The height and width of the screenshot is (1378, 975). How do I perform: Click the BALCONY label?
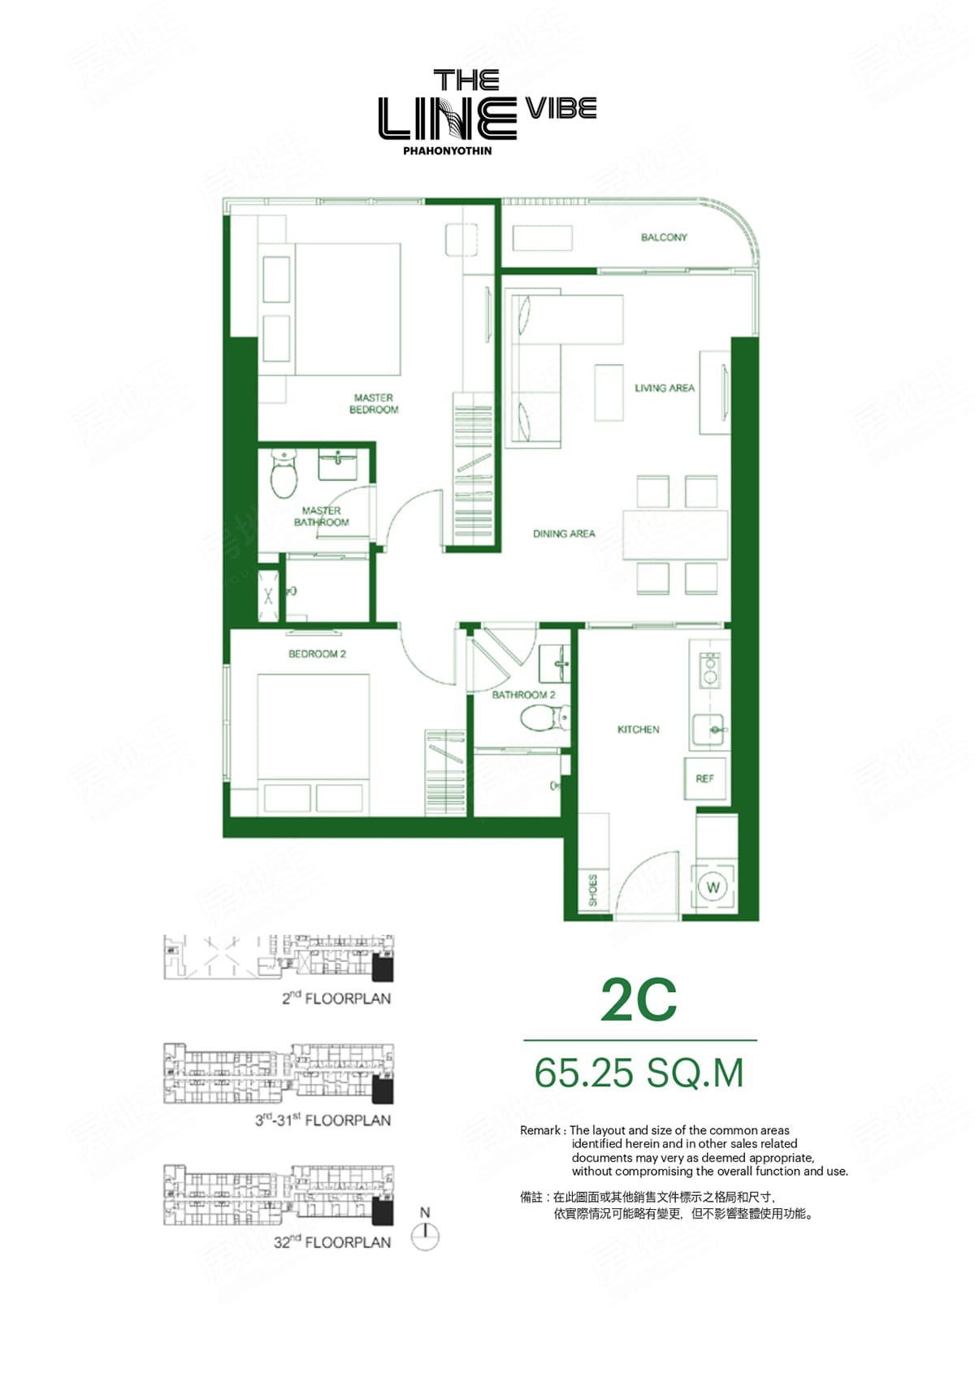click(664, 237)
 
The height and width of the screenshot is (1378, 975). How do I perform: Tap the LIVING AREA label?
click(665, 388)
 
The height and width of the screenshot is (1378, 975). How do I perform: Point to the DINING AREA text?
click(564, 534)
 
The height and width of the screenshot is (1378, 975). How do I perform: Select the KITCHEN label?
click(639, 730)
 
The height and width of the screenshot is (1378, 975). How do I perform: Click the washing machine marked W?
click(713, 887)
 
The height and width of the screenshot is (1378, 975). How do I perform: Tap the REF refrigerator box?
click(705, 778)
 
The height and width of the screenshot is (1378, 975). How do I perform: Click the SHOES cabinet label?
click(593, 890)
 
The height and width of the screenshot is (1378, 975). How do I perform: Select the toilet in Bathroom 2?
click(545, 718)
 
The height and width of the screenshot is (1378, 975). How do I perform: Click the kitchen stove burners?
click(710, 669)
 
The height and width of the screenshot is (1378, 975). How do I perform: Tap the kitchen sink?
click(708, 730)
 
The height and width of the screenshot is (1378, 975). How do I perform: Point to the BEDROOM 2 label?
click(318, 654)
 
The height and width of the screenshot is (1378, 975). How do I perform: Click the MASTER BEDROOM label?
click(374, 404)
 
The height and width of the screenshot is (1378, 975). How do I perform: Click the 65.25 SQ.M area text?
click(639, 1073)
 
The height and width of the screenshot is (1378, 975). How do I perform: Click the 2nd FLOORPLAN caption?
click(336, 998)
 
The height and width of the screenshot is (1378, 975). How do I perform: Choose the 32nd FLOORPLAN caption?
click(332, 1242)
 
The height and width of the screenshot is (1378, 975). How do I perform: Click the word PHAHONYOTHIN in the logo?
click(447, 151)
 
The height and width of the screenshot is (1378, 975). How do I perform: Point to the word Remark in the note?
click(540, 1131)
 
